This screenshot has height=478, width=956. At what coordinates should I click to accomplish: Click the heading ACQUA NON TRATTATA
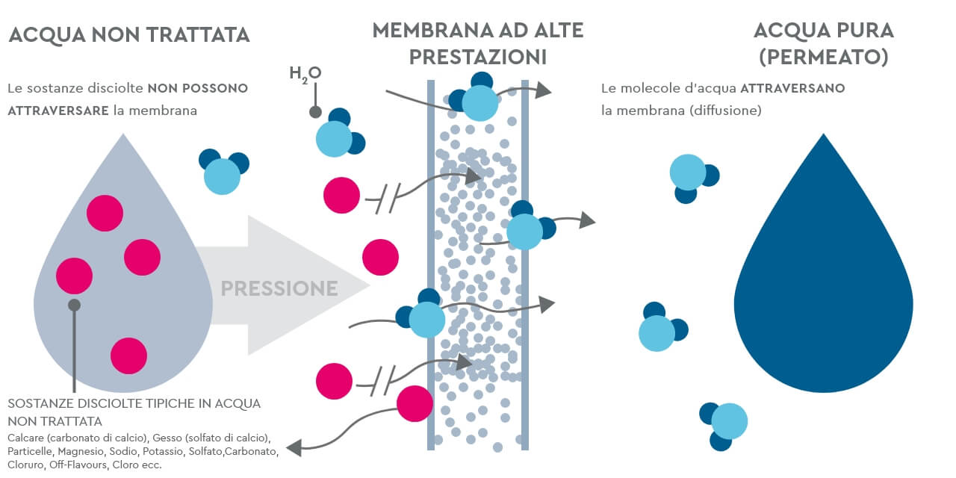click(128, 34)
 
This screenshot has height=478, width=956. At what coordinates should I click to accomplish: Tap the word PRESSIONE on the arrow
click(279, 288)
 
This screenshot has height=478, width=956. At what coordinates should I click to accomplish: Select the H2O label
click(305, 73)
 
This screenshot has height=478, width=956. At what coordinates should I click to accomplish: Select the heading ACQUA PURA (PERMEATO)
click(823, 43)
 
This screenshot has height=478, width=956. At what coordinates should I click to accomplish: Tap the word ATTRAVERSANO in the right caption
click(792, 88)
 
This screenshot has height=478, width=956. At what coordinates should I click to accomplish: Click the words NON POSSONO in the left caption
click(198, 88)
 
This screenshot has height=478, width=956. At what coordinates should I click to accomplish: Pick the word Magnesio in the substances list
click(84, 451)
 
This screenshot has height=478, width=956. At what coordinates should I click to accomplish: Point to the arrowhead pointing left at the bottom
click(294, 447)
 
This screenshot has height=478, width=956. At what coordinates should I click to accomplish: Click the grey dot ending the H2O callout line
click(315, 113)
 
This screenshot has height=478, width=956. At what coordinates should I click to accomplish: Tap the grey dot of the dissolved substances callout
click(74, 305)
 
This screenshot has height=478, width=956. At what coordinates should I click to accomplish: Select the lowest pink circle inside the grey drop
click(128, 356)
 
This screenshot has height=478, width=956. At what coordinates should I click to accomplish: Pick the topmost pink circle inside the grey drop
click(105, 213)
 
